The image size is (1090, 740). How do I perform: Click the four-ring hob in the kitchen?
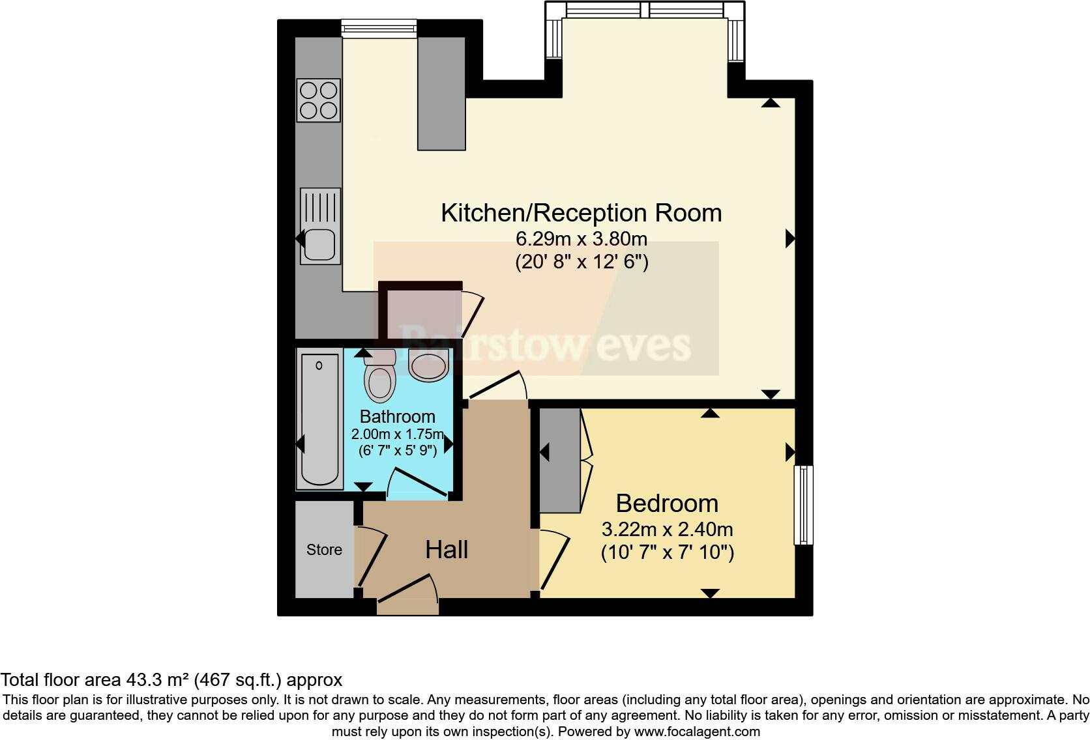click(319, 100)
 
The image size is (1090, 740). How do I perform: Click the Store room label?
click(324, 550)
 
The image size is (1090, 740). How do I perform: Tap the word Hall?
click(447, 550)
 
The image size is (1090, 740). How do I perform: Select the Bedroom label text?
click(667, 504)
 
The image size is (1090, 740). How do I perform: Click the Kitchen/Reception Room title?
click(581, 213)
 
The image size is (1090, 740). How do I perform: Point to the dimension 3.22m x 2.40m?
click(667, 529)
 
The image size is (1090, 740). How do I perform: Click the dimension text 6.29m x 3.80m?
click(581, 238)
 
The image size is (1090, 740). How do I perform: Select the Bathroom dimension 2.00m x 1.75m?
click(397, 434)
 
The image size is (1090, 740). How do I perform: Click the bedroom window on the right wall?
click(804, 505)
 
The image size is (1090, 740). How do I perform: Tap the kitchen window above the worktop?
click(379, 28)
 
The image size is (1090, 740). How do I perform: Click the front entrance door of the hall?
click(407, 596)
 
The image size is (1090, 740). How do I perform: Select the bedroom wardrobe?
click(560, 460)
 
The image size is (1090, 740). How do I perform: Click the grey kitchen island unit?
click(441, 93)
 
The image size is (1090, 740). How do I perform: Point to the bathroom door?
click(419, 483)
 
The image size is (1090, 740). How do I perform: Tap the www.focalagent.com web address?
click(696, 731)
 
